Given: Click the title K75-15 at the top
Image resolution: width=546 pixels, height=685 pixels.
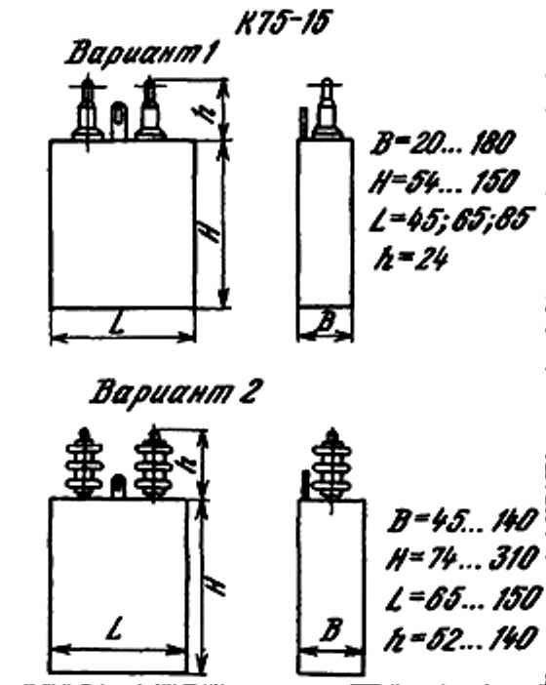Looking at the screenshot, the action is [282, 22].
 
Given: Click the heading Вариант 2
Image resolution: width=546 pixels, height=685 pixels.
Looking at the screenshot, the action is [176, 391].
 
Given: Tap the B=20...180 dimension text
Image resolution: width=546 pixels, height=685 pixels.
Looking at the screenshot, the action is [443, 142].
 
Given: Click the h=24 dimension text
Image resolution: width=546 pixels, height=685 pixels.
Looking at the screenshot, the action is [411, 259].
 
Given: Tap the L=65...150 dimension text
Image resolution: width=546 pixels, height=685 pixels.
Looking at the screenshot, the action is [464, 598].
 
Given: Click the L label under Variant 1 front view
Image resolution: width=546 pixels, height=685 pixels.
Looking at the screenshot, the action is [117, 324].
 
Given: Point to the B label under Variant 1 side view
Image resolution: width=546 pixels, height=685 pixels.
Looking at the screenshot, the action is [326, 322].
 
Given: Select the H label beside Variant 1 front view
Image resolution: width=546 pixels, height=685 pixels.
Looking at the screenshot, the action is [213, 230].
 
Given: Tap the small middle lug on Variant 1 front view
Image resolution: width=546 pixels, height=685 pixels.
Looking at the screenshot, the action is [118, 120].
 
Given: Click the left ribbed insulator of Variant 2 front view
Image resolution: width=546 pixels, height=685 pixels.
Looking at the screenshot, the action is [84, 463].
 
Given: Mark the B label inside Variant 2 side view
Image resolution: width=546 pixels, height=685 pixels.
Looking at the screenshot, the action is [331, 629].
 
